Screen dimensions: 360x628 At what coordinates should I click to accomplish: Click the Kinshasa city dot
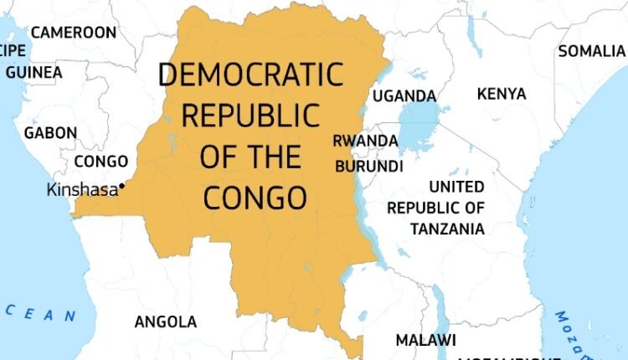coord(122,185)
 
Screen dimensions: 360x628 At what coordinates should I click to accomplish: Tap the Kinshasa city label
coord(82,190)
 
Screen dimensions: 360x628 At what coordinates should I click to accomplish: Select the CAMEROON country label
coord(74,33)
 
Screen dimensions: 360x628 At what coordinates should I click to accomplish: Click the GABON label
coord(50,132)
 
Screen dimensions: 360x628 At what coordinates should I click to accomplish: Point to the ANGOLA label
coord(166,321)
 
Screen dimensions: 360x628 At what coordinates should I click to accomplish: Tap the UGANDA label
coord(404,95)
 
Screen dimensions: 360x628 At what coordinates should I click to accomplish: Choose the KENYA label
coord(501,93)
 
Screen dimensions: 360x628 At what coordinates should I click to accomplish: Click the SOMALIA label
coord(593,51)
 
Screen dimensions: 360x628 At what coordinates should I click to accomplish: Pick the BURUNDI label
coord(369,167)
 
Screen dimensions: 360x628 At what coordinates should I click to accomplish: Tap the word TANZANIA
coord(447,228)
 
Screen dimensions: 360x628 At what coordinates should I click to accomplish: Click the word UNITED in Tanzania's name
coord(456,187)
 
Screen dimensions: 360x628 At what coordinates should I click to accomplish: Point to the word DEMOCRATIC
coord(251,75)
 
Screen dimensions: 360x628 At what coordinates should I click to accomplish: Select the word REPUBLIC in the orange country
coord(251,116)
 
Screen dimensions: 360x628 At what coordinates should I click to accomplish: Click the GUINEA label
coord(33,72)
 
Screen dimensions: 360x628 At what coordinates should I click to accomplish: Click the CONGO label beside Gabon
coord(100,161)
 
